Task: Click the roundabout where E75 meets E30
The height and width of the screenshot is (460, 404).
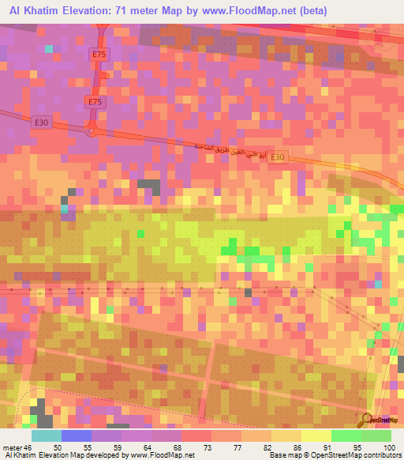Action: click(x=92, y=132)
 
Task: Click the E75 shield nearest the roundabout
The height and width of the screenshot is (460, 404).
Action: click(x=95, y=102)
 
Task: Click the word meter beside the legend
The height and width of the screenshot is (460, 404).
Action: click(x=13, y=447)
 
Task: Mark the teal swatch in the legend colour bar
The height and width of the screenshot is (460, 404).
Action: click(x=47, y=435)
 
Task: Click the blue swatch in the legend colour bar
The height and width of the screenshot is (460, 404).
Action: click(x=77, y=435)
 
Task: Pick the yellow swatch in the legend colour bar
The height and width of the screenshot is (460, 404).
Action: click(x=316, y=435)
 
